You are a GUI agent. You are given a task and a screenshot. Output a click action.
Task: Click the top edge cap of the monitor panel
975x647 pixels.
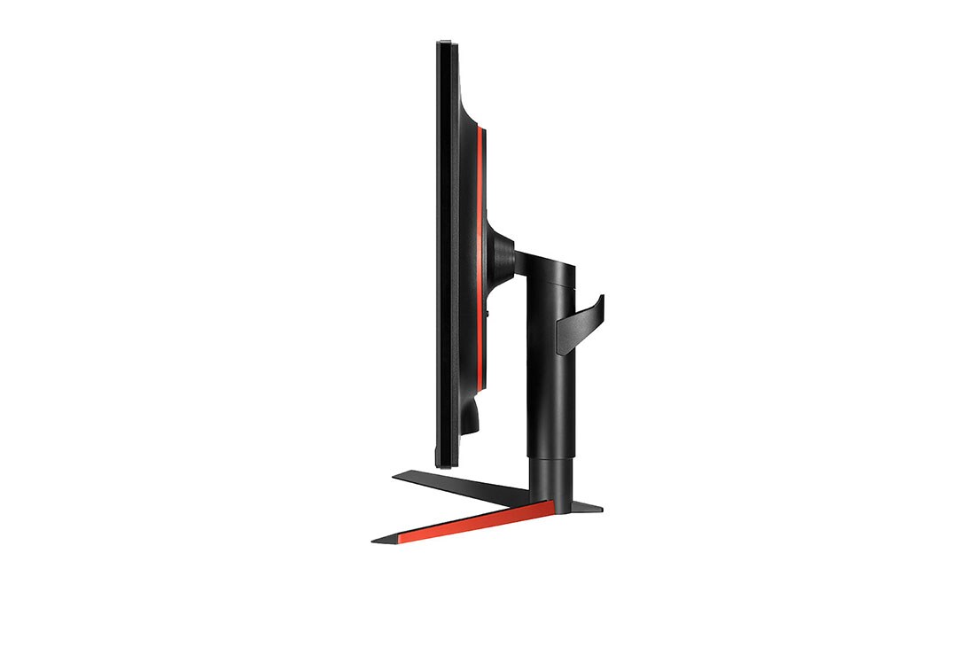tap(446, 43)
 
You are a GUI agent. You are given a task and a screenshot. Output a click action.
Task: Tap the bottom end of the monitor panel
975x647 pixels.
tap(446, 462)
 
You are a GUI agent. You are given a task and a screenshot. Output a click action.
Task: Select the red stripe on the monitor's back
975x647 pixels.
tap(481, 266)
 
